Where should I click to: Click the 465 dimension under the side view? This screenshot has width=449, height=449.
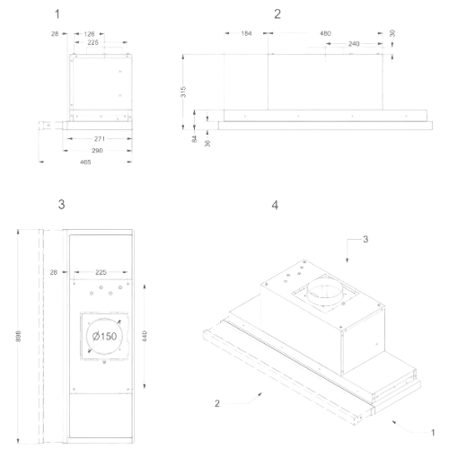[x=85, y=163]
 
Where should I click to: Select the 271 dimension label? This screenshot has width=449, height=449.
[x=100, y=139]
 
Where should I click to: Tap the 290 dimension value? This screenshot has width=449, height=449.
[x=97, y=151]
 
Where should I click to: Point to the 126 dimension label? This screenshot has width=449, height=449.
[x=89, y=34]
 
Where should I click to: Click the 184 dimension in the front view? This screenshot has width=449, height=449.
[x=246, y=33]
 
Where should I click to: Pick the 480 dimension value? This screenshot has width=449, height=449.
[x=325, y=33]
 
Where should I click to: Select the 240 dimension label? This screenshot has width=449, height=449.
[x=354, y=44]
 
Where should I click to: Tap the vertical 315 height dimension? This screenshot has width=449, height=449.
[x=183, y=92]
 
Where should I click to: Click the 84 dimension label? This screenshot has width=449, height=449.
[x=195, y=138]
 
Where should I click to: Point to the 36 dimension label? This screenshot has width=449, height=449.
[x=207, y=143]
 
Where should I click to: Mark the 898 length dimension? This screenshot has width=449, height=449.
[x=18, y=337]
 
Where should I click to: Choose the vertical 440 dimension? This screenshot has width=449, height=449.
[x=145, y=336]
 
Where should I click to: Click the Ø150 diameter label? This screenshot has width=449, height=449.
[x=104, y=337]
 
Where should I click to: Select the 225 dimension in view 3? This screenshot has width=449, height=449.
[x=101, y=272]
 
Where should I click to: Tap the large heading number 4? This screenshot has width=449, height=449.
[x=275, y=206]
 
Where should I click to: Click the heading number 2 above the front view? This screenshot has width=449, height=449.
[x=277, y=14]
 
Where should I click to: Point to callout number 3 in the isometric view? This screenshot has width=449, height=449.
[x=365, y=240]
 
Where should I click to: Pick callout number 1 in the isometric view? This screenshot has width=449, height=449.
[x=433, y=433]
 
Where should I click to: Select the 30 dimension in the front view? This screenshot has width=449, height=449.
[x=392, y=33]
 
